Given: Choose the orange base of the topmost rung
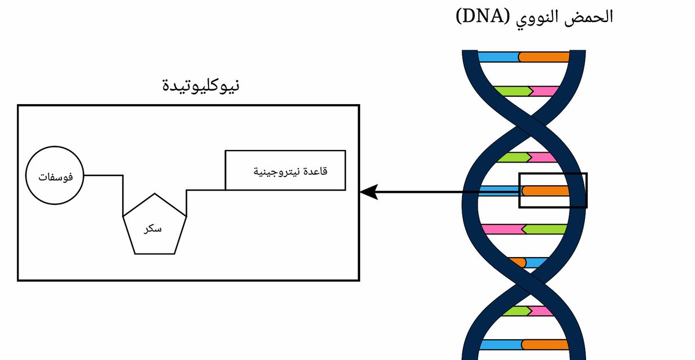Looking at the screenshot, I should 544,57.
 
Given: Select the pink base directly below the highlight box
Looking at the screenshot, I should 502,229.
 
